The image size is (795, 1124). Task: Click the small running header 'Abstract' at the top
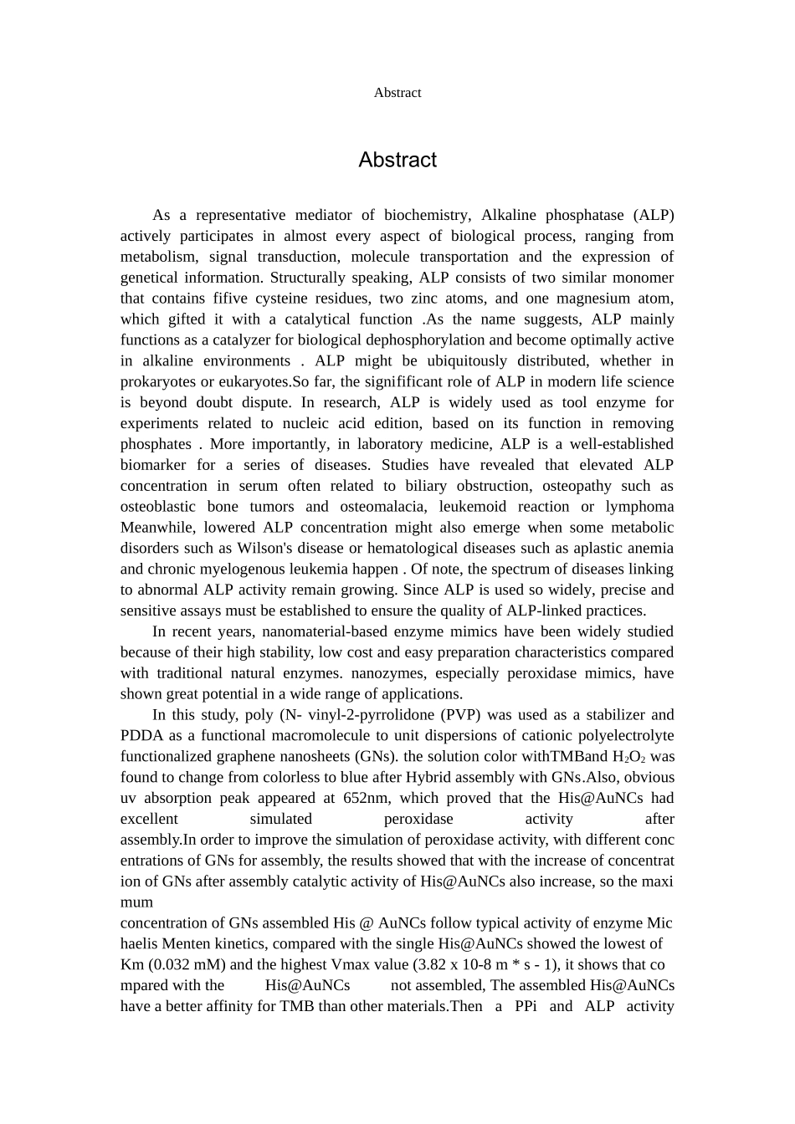pos(397,93)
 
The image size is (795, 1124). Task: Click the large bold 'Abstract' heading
pos(397,160)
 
